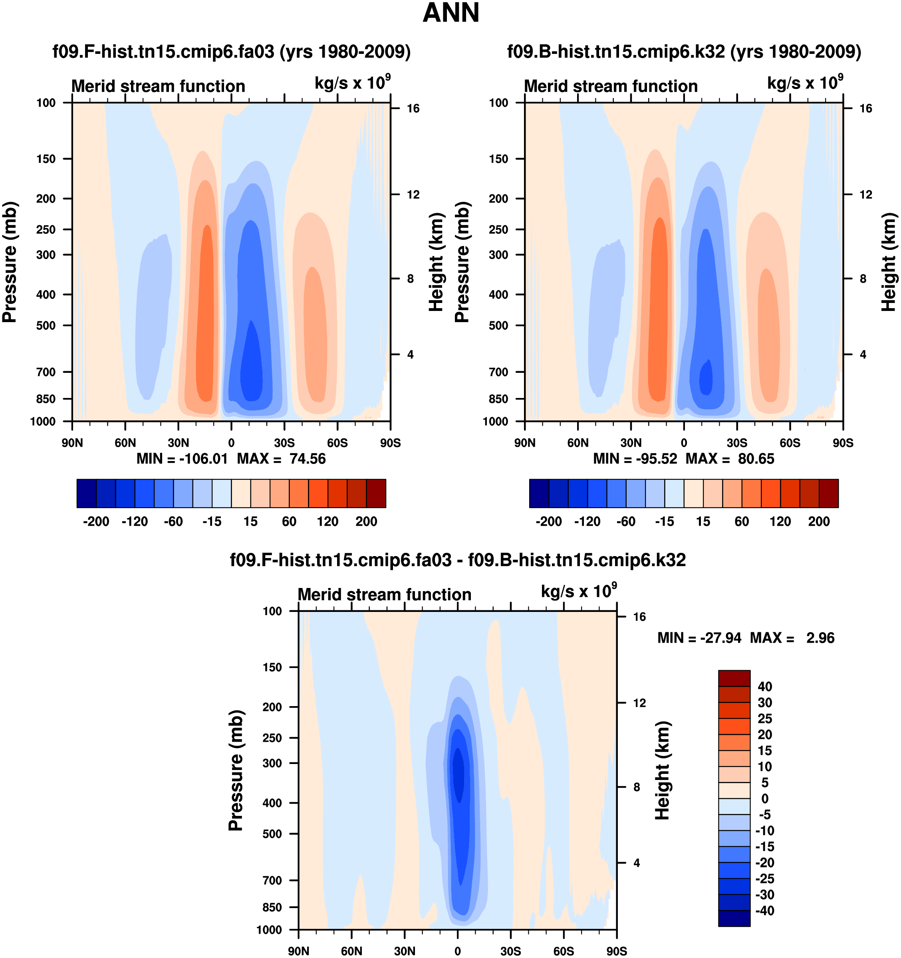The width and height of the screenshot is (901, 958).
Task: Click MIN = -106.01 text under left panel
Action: tap(182, 458)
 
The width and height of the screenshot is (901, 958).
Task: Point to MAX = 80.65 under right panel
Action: tap(729, 458)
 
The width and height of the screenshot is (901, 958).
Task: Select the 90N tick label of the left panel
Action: tap(72, 443)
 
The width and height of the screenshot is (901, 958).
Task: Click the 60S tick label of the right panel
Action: tap(790, 443)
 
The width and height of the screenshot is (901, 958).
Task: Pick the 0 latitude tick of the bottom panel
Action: tap(458, 951)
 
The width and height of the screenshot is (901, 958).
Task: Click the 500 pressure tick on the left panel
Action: tap(46, 326)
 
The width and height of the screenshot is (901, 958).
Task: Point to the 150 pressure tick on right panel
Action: tap(498, 159)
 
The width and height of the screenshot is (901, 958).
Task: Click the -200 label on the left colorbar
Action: tap(96, 521)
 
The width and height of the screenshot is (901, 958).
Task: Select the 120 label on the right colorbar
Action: tap(780, 521)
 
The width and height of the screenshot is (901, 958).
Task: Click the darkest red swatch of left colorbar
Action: tap(376, 493)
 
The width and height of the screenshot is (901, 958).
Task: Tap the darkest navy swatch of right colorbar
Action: tap(539, 493)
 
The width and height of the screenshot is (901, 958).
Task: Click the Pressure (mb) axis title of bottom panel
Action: tap(236, 770)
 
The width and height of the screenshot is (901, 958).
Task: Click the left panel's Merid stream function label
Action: tap(158, 86)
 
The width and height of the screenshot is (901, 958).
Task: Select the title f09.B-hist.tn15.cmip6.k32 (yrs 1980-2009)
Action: tap(684, 51)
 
